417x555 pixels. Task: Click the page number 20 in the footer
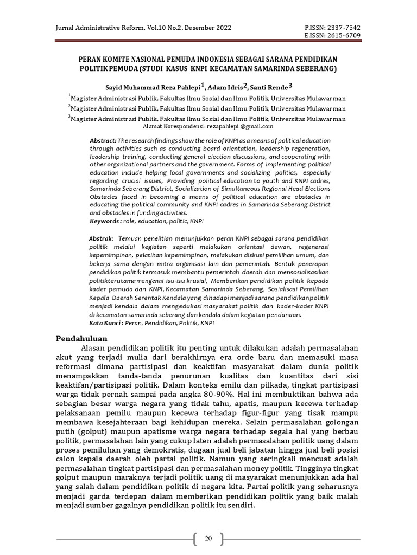click(x=208, y=538)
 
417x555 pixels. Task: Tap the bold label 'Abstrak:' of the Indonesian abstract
click(x=102, y=238)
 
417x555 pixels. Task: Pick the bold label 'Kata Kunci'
click(x=105, y=322)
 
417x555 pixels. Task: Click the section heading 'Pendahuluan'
click(x=83, y=339)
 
